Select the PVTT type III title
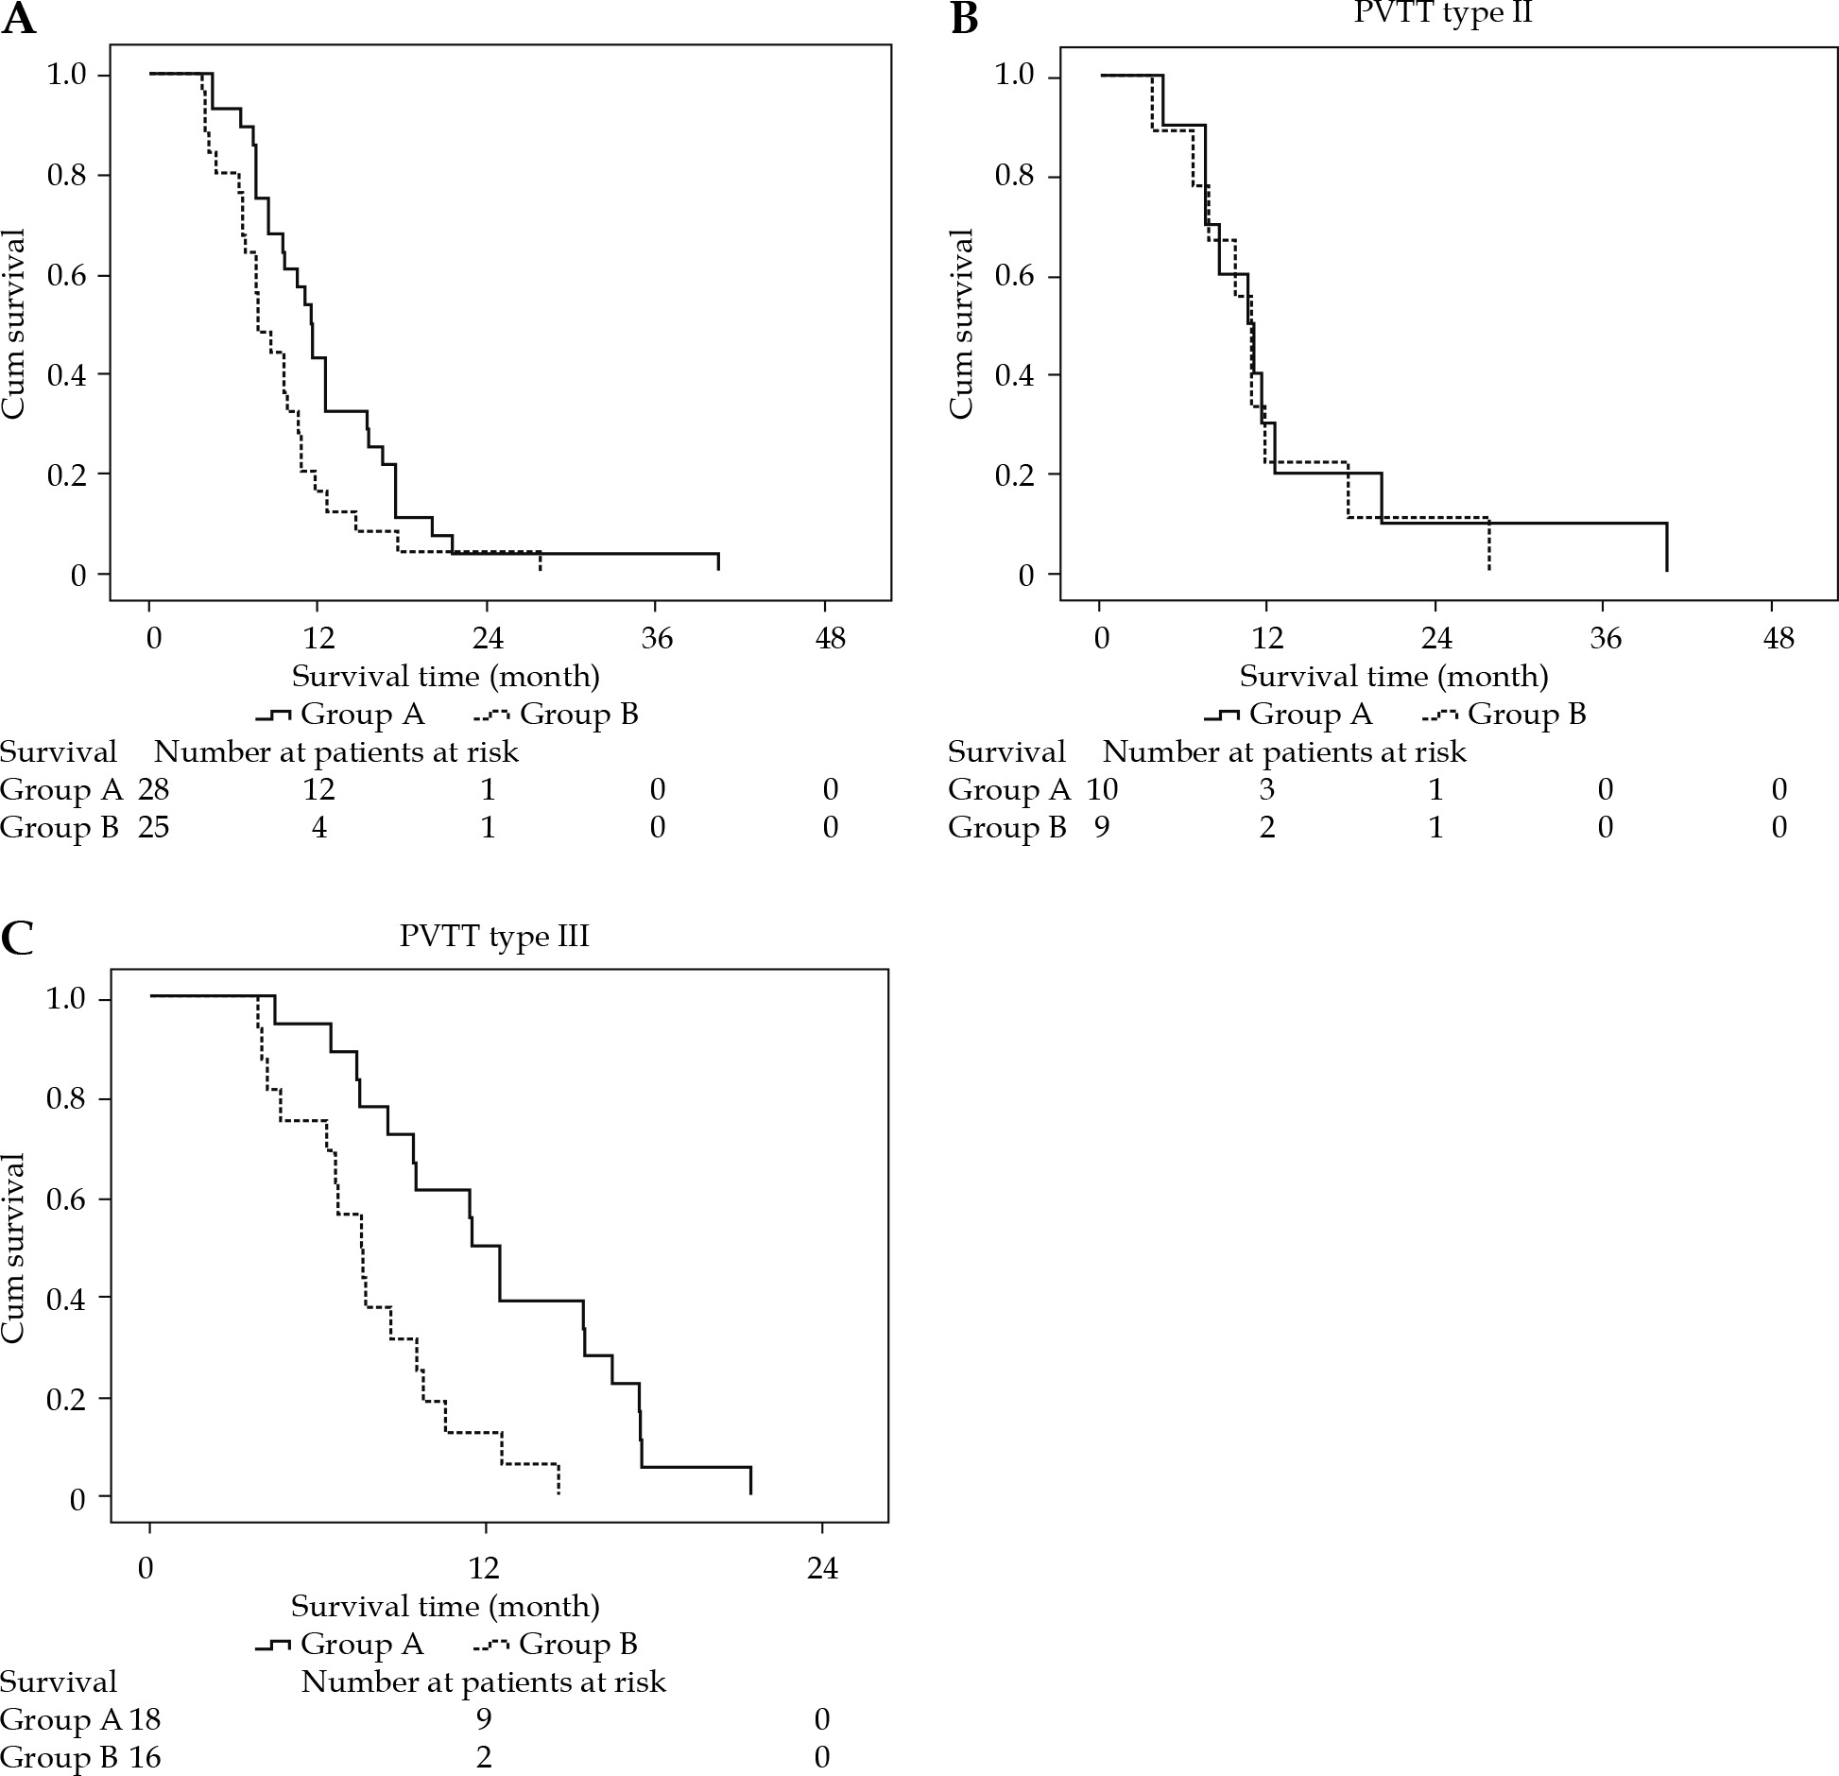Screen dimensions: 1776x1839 494,936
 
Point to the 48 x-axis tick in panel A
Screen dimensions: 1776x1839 831,640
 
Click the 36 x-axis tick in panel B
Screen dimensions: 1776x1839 1605,640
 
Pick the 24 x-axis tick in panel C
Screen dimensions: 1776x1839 822,1569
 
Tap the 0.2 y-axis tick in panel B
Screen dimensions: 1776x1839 1017,474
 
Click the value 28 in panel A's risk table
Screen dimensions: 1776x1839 153,789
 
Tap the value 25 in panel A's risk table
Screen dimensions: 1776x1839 153,828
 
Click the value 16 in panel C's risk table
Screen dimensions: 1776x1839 145,1757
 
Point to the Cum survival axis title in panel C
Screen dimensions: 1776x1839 13,1248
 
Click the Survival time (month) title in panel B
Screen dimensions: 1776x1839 1394,676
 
